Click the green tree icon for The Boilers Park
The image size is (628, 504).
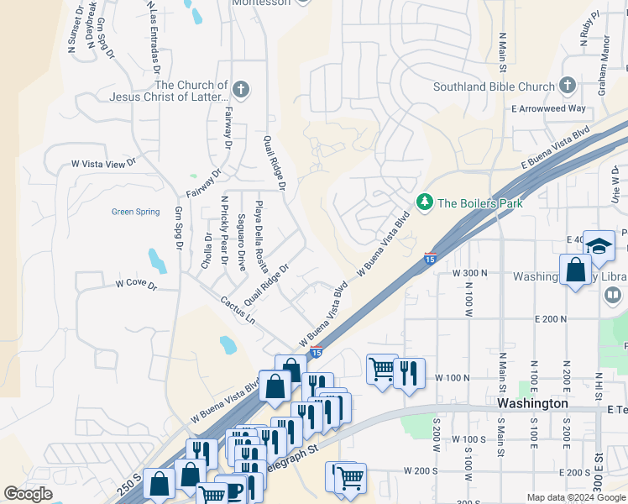point(425,202)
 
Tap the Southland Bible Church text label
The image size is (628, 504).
point(494,87)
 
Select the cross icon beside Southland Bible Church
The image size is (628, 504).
point(568,86)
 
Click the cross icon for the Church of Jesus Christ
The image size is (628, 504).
point(241,90)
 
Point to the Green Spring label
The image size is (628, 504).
point(136,212)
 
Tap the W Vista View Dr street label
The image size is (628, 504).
point(102,164)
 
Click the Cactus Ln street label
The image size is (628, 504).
point(238,310)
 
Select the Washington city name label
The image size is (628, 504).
point(532,403)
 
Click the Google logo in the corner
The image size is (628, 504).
point(28,494)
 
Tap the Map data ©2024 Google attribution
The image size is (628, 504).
point(576,497)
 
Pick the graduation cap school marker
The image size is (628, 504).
point(598,244)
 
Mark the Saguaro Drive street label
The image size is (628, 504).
point(241,242)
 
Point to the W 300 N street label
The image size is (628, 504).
point(470,274)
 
